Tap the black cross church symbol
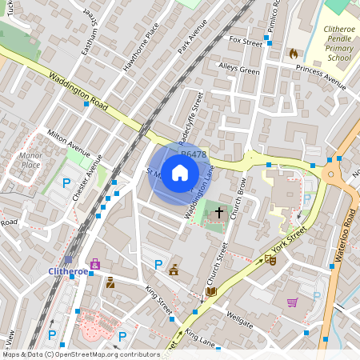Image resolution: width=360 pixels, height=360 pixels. (x=219, y=212)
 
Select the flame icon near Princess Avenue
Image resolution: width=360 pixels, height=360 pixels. (x=293, y=54)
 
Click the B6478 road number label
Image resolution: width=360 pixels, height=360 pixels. (x=194, y=154)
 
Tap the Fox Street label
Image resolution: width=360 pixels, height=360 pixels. (x=246, y=40)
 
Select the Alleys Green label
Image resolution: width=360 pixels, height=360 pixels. (x=239, y=71)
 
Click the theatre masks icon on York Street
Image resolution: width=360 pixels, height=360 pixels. (x=270, y=259)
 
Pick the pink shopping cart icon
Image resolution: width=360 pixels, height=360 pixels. (x=292, y=302)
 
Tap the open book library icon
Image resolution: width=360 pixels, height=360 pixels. (x=210, y=291)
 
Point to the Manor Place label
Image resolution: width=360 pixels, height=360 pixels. (x=30, y=160)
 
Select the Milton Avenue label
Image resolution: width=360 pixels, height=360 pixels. (x=69, y=142)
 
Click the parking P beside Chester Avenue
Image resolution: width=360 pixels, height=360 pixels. (x=66, y=182)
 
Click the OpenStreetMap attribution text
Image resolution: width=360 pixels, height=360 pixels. (x=80, y=354)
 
